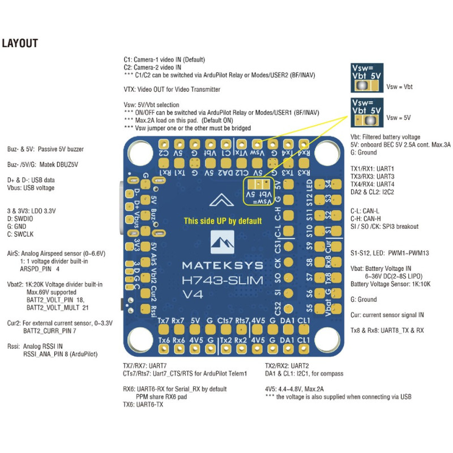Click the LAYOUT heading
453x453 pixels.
coord(20,43)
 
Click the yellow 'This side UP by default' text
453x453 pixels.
coord(223,221)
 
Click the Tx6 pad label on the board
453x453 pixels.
coord(165,340)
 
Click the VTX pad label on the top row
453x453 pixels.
coord(241,153)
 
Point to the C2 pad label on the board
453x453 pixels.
coord(164,153)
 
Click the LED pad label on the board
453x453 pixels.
coord(309,186)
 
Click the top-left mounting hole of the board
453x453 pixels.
coord(138,151)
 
